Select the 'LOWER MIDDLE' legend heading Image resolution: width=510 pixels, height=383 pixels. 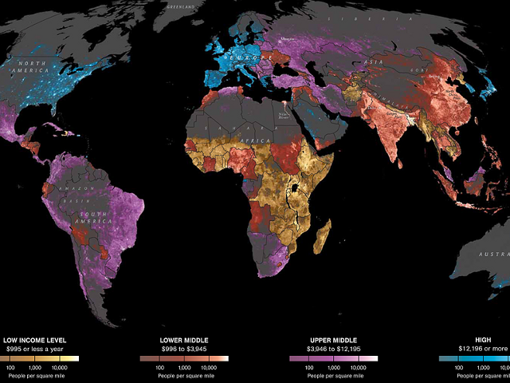pyautogui.click(x=184, y=339)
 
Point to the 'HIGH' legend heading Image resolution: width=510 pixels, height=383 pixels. pyautogui.click(x=475, y=339)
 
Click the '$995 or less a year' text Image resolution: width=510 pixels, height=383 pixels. pyautogui.click(x=34, y=348)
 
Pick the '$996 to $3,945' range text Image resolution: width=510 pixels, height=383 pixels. pyautogui.click(x=184, y=348)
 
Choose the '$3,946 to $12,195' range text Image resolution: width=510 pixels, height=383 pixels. pyautogui.click(x=334, y=348)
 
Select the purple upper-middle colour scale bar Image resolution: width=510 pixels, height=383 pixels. pyautogui.click(x=334, y=359)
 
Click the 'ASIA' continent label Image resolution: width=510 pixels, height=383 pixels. pyautogui.click(x=371, y=61)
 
